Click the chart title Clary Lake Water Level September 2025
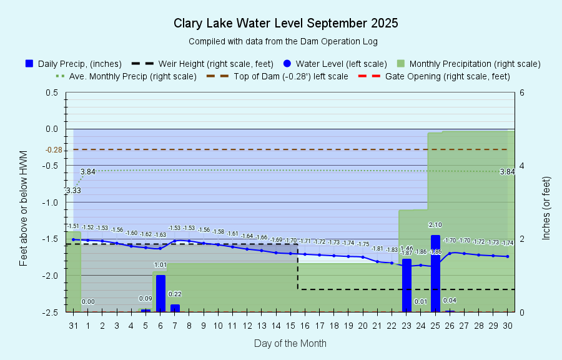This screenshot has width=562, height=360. [285, 24]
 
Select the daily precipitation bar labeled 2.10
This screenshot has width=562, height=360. [435, 273]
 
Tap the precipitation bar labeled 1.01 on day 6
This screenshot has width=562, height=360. [160, 292]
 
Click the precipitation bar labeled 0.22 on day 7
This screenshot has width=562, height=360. [175, 307]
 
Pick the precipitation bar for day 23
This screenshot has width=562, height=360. [407, 284]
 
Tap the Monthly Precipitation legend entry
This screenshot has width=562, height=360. [469, 64]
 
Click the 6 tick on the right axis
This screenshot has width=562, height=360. [521, 92]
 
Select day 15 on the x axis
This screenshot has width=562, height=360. [290, 326]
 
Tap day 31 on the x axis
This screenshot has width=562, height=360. [74, 326]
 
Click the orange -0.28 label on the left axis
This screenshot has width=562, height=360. [54, 150]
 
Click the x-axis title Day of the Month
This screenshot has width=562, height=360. [290, 343]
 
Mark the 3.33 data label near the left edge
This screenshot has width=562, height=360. [73, 190]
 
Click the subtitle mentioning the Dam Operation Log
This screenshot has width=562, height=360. [283, 41]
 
